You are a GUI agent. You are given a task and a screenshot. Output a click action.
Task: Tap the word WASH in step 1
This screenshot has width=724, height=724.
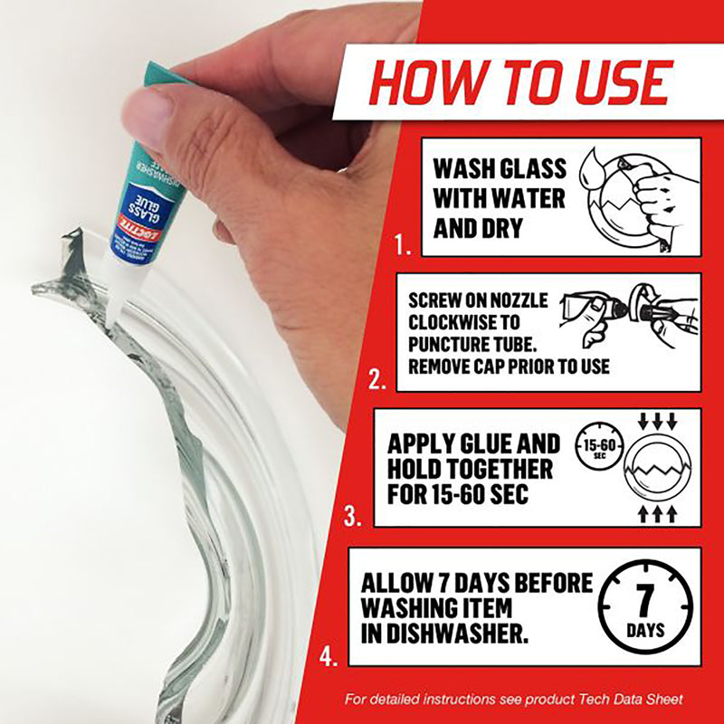pyautogui.click(x=464, y=169)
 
